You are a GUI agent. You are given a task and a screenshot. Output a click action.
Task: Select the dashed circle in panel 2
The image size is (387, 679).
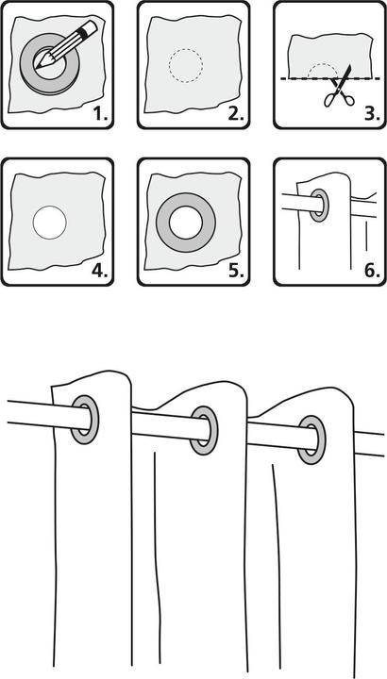click(186, 49)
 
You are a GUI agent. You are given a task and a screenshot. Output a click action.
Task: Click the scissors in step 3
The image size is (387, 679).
click(341, 87)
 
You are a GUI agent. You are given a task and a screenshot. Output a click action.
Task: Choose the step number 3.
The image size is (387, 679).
click(372, 114)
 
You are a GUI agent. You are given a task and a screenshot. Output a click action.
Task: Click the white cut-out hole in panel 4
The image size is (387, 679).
click(49, 223)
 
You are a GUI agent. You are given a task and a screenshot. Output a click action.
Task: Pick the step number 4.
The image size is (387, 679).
click(99, 271)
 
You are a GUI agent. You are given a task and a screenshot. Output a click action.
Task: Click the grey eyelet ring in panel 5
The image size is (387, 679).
click(163, 223)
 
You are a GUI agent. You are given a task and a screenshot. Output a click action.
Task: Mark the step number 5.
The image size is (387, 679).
click(236, 271)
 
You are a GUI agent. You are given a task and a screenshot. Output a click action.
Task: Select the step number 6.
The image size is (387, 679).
click(372, 271)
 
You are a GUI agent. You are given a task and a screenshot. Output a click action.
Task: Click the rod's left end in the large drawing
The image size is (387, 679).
click(8, 412)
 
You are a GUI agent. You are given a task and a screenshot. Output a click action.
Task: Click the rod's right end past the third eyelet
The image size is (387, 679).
click(383, 444)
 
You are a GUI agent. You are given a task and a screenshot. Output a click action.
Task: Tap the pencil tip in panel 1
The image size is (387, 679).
click(37, 67)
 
